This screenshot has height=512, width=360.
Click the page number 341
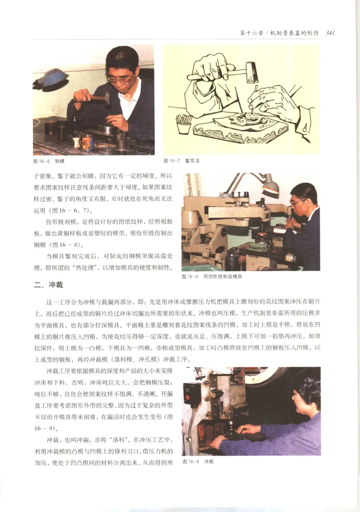330,33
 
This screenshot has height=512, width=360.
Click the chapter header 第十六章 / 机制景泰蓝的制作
279,33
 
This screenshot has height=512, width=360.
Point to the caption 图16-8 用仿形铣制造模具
212,276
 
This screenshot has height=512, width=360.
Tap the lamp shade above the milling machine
270,185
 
